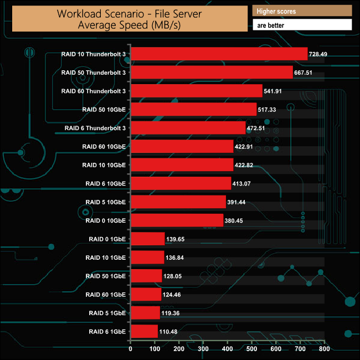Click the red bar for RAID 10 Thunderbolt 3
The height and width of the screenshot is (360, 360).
click(219, 54)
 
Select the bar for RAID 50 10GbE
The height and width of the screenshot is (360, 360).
click(193, 109)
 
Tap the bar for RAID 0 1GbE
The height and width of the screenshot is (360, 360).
click(147, 239)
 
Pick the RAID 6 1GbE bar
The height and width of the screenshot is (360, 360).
click(144, 331)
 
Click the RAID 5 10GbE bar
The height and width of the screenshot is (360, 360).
click(178, 202)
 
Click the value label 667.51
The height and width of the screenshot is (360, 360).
click(306, 73)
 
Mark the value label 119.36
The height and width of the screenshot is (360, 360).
click(173, 313)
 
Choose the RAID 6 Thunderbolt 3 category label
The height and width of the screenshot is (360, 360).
click(95, 128)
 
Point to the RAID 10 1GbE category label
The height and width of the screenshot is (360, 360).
click(106, 258)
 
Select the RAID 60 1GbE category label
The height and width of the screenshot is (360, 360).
click(106, 294)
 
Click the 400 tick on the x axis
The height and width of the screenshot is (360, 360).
click(228, 349)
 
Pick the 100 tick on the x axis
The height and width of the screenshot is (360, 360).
click(155, 349)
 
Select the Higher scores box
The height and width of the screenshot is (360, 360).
click(302, 11)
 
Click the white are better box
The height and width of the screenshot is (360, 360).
click(302, 25)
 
